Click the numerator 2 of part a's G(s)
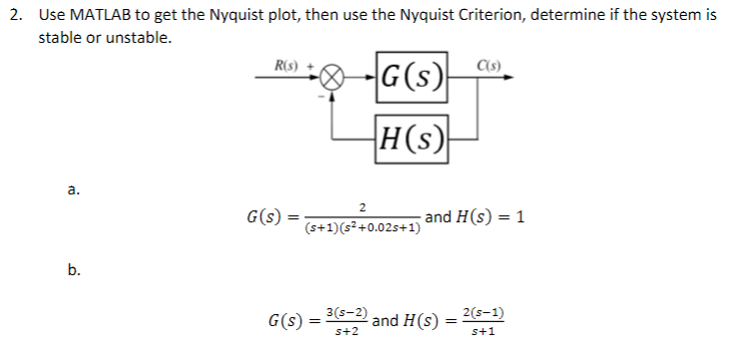click(363, 206)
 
